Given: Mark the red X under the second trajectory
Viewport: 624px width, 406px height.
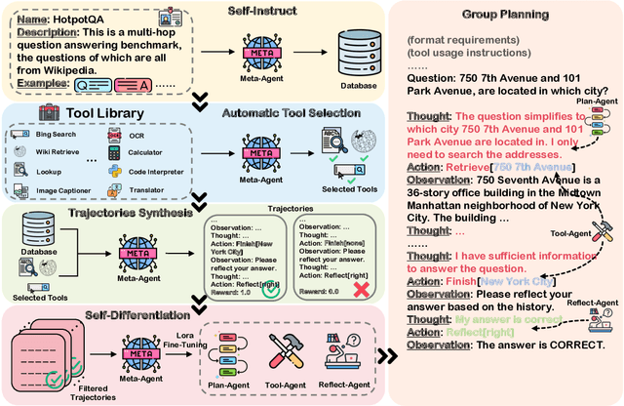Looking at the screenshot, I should pyautogui.click(x=361, y=290).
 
